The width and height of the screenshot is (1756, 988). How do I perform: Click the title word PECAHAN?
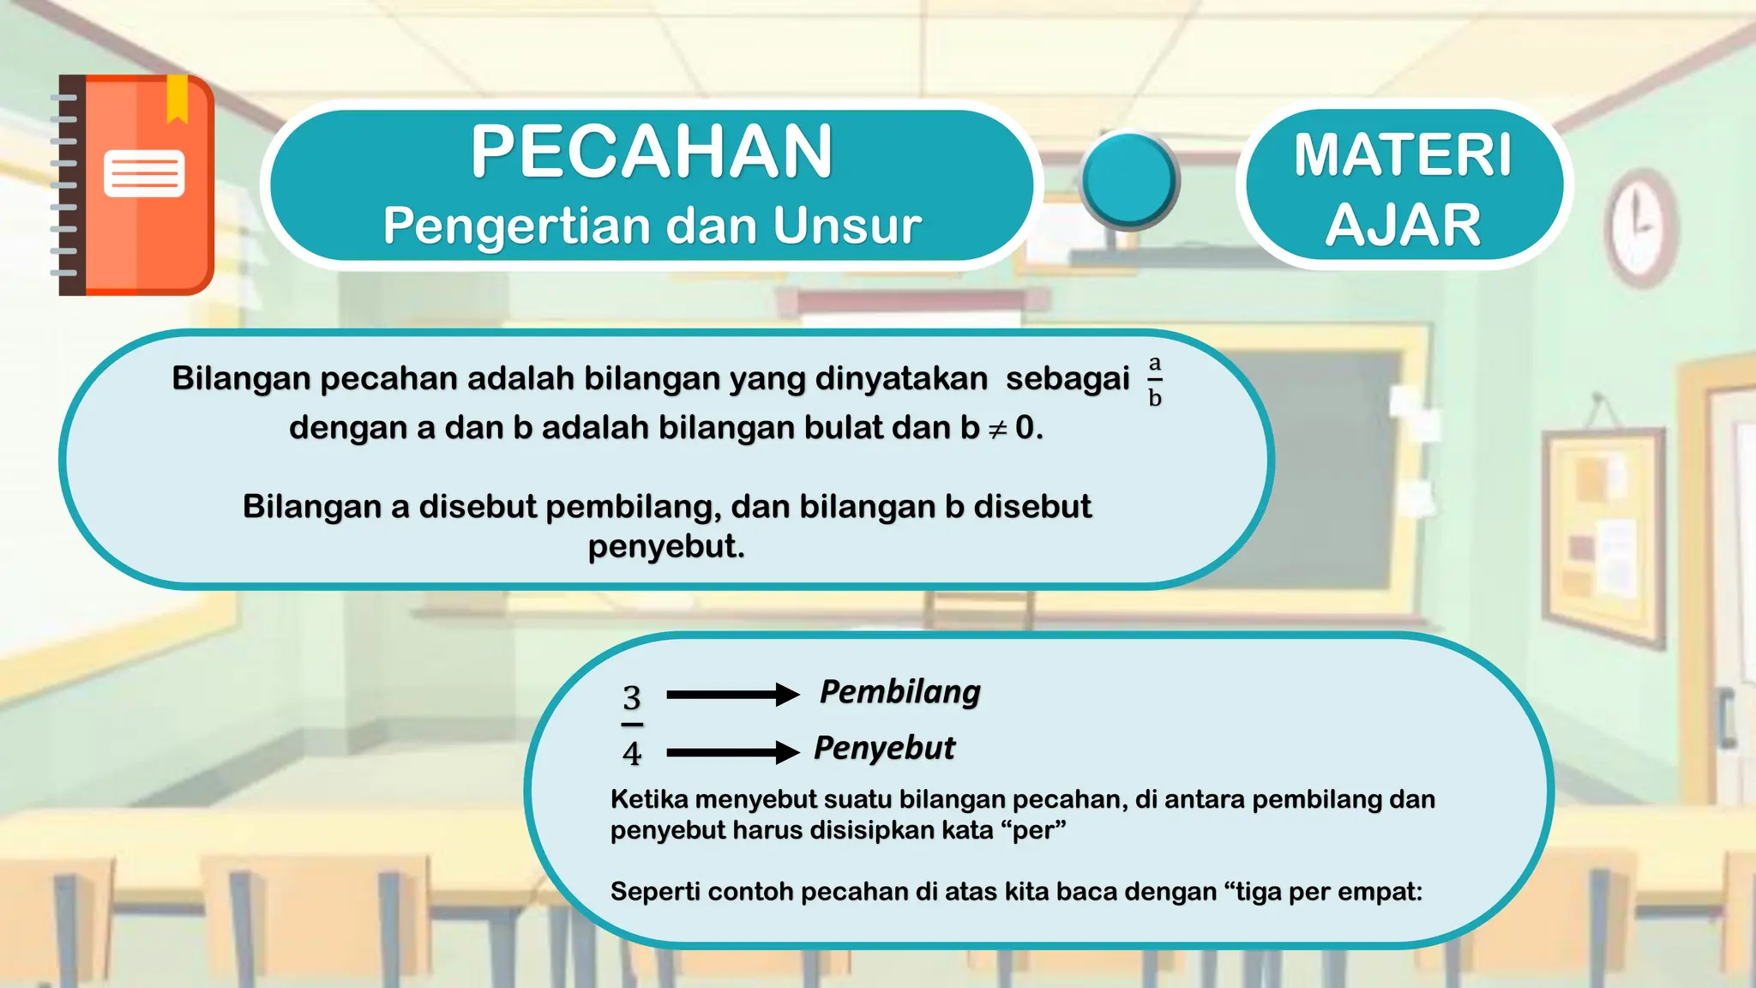[x=652, y=152]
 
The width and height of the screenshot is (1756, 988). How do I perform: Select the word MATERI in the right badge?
[x=1403, y=155]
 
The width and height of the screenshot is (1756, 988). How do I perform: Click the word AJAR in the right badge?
[x=1403, y=225]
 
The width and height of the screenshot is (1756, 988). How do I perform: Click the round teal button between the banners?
[x=1128, y=180]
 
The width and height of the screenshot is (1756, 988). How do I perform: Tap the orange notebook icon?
[x=137, y=185]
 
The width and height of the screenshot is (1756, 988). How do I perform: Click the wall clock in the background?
[x=1639, y=226]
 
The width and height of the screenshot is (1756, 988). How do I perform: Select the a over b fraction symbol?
[x=1155, y=381]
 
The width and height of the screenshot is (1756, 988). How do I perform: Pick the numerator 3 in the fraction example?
[x=632, y=698]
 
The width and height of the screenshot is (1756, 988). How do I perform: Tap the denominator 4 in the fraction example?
[x=632, y=754]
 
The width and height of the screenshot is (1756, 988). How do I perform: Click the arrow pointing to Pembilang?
[x=732, y=695]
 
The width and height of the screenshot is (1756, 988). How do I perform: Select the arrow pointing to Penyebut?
[x=732, y=753]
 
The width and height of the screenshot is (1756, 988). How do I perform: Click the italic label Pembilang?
[x=899, y=691]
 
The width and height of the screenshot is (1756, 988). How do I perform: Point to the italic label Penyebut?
[x=884, y=748]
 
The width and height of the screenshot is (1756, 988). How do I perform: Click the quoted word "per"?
[x=1038, y=831]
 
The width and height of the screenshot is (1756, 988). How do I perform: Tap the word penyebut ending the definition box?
[x=665, y=546]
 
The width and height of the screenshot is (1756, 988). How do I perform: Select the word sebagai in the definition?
[x=1067, y=378]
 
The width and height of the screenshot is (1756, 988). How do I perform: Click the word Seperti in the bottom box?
[x=655, y=892]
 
